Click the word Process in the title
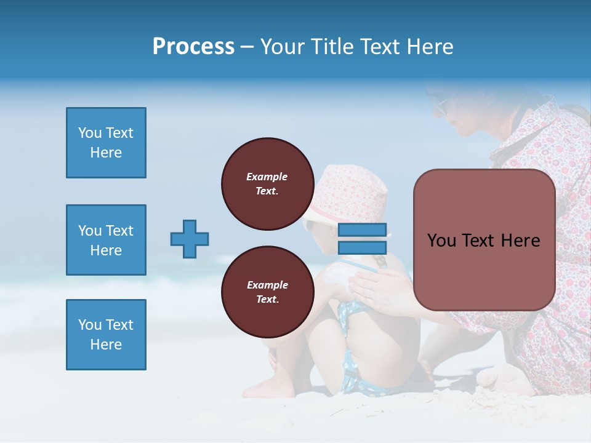[x=193, y=47]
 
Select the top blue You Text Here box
[x=106, y=143]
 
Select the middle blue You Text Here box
[x=106, y=240]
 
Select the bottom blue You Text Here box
[x=106, y=335]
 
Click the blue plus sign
[x=190, y=239]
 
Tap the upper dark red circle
[x=267, y=184]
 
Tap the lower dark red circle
[x=267, y=292]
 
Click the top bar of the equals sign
[x=362, y=230]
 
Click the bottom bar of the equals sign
[x=362, y=247]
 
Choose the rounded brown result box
[x=484, y=240]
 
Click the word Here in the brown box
[x=520, y=241]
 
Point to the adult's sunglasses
[x=441, y=106]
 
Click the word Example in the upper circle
[x=267, y=177]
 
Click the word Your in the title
[x=283, y=47]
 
